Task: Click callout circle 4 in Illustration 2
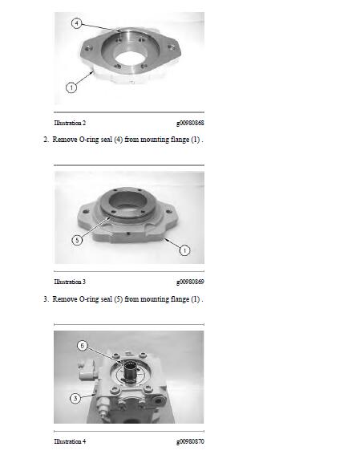pos(77,23)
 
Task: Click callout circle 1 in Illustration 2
pos(71,87)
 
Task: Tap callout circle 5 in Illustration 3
pos(77,240)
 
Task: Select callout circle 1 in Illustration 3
pos(184,250)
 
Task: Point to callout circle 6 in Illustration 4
pos(83,346)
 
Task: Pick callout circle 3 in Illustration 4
pos(75,398)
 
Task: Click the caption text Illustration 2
pos(70,123)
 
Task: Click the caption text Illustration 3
pos(70,282)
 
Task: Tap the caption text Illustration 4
pos(70,441)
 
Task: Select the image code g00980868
pos(190,123)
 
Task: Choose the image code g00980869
pos(190,282)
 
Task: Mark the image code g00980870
pos(190,441)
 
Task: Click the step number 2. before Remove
pos(46,140)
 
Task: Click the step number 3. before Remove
pos(46,299)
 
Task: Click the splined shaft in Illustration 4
pos(131,372)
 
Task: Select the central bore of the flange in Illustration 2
pos(131,58)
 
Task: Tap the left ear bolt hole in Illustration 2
pos(88,48)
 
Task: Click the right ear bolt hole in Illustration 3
pos(169,212)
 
